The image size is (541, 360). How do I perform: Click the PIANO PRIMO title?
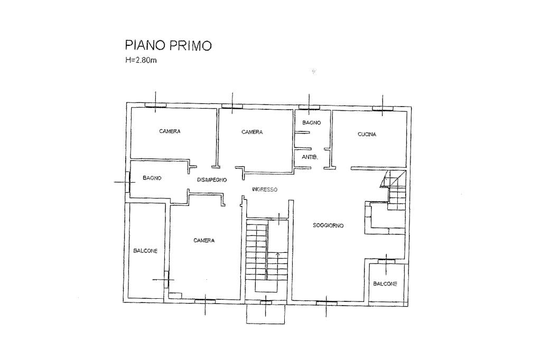pos(168,45)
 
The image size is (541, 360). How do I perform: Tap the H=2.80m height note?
pos(141,60)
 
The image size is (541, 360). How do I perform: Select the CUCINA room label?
pos(367,135)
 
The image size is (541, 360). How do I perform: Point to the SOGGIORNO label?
pos(328,225)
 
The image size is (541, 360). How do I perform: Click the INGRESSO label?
pos(265,190)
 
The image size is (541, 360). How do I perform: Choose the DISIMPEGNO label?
pos(212,179)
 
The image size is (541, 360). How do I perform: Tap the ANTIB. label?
pos(310,157)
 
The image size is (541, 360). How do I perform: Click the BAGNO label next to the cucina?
pos(312,123)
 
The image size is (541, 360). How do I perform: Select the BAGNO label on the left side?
pos(152,178)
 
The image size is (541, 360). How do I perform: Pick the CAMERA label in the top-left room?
pos(170,131)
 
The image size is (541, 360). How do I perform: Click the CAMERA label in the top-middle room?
pos(252,132)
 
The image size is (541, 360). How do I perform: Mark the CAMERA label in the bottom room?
pos(204,240)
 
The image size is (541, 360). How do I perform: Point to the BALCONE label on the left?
pos(145,251)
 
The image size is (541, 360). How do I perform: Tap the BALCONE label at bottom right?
pos(385,284)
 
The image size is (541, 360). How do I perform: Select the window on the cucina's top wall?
pos(383,109)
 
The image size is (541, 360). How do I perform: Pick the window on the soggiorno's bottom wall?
pos(327,303)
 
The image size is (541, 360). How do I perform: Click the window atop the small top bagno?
pos(309,107)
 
